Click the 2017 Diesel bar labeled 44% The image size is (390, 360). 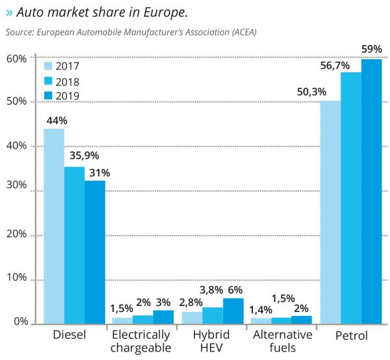point(54,225)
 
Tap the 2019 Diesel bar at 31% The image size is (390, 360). point(95,251)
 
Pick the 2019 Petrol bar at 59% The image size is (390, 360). point(372,191)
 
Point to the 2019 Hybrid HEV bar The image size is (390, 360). point(233,311)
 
